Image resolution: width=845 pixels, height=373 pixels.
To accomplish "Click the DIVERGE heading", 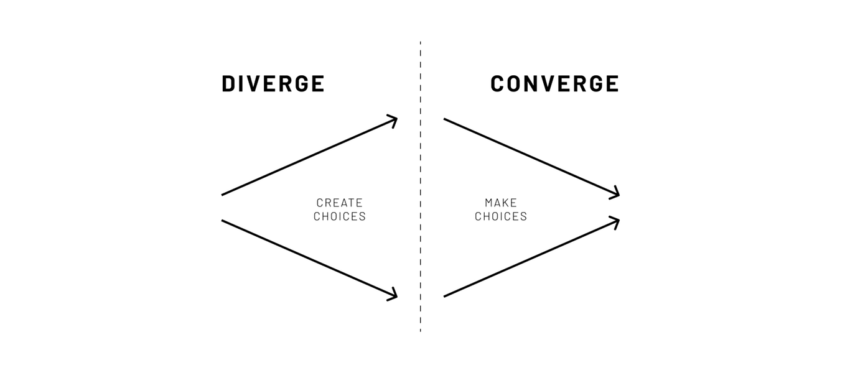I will tap(273, 84).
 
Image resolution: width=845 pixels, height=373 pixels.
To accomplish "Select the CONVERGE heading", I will tap(554, 84).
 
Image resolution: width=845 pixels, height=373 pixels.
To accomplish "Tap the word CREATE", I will tap(339, 203).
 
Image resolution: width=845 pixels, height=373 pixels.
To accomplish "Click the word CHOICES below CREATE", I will tap(339, 216).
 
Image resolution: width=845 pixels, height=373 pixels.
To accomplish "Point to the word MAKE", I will tap(500, 203).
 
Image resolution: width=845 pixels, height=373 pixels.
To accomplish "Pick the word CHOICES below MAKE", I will tap(500, 216).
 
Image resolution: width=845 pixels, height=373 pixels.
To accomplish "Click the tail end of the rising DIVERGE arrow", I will tap(223, 195).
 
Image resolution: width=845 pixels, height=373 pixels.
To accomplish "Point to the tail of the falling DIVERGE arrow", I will tap(223, 220).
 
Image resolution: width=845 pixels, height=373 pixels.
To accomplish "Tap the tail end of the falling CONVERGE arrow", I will tap(445, 119).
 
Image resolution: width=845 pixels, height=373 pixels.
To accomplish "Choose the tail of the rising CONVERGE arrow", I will tap(445, 296).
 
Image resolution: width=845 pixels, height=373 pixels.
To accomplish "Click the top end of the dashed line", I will tap(420, 43).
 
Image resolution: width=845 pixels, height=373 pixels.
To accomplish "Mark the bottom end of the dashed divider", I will tap(420, 330).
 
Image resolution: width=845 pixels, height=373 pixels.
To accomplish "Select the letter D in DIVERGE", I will tap(230, 84).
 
